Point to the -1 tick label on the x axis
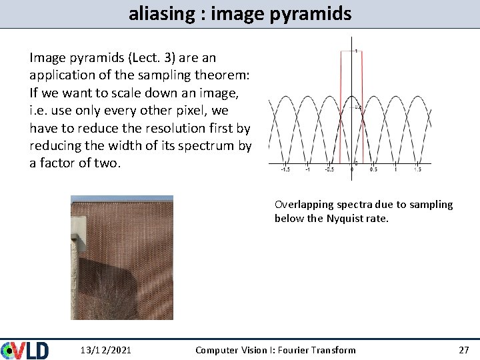[307, 169]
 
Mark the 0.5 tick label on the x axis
[373, 169]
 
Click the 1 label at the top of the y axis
[356, 51]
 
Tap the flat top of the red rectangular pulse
[351, 52]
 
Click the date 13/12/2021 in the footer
[105, 350]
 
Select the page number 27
[463, 350]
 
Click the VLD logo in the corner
[25, 350]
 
